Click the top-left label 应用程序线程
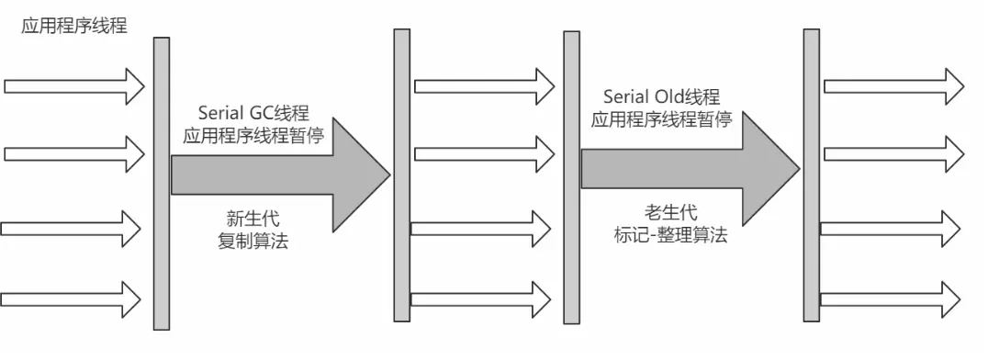click(x=74, y=27)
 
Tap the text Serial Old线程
click(x=661, y=97)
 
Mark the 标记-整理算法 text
click(x=670, y=235)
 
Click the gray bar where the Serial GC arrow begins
click(x=162, y=184)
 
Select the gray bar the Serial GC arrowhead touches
click(x=401, y=174)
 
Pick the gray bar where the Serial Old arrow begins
click(x=571, y=174)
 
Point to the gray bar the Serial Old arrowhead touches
click(x=811, y=174)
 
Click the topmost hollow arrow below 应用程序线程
click(x=73, y=86)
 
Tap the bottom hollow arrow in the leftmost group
click(x=71, y=298)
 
